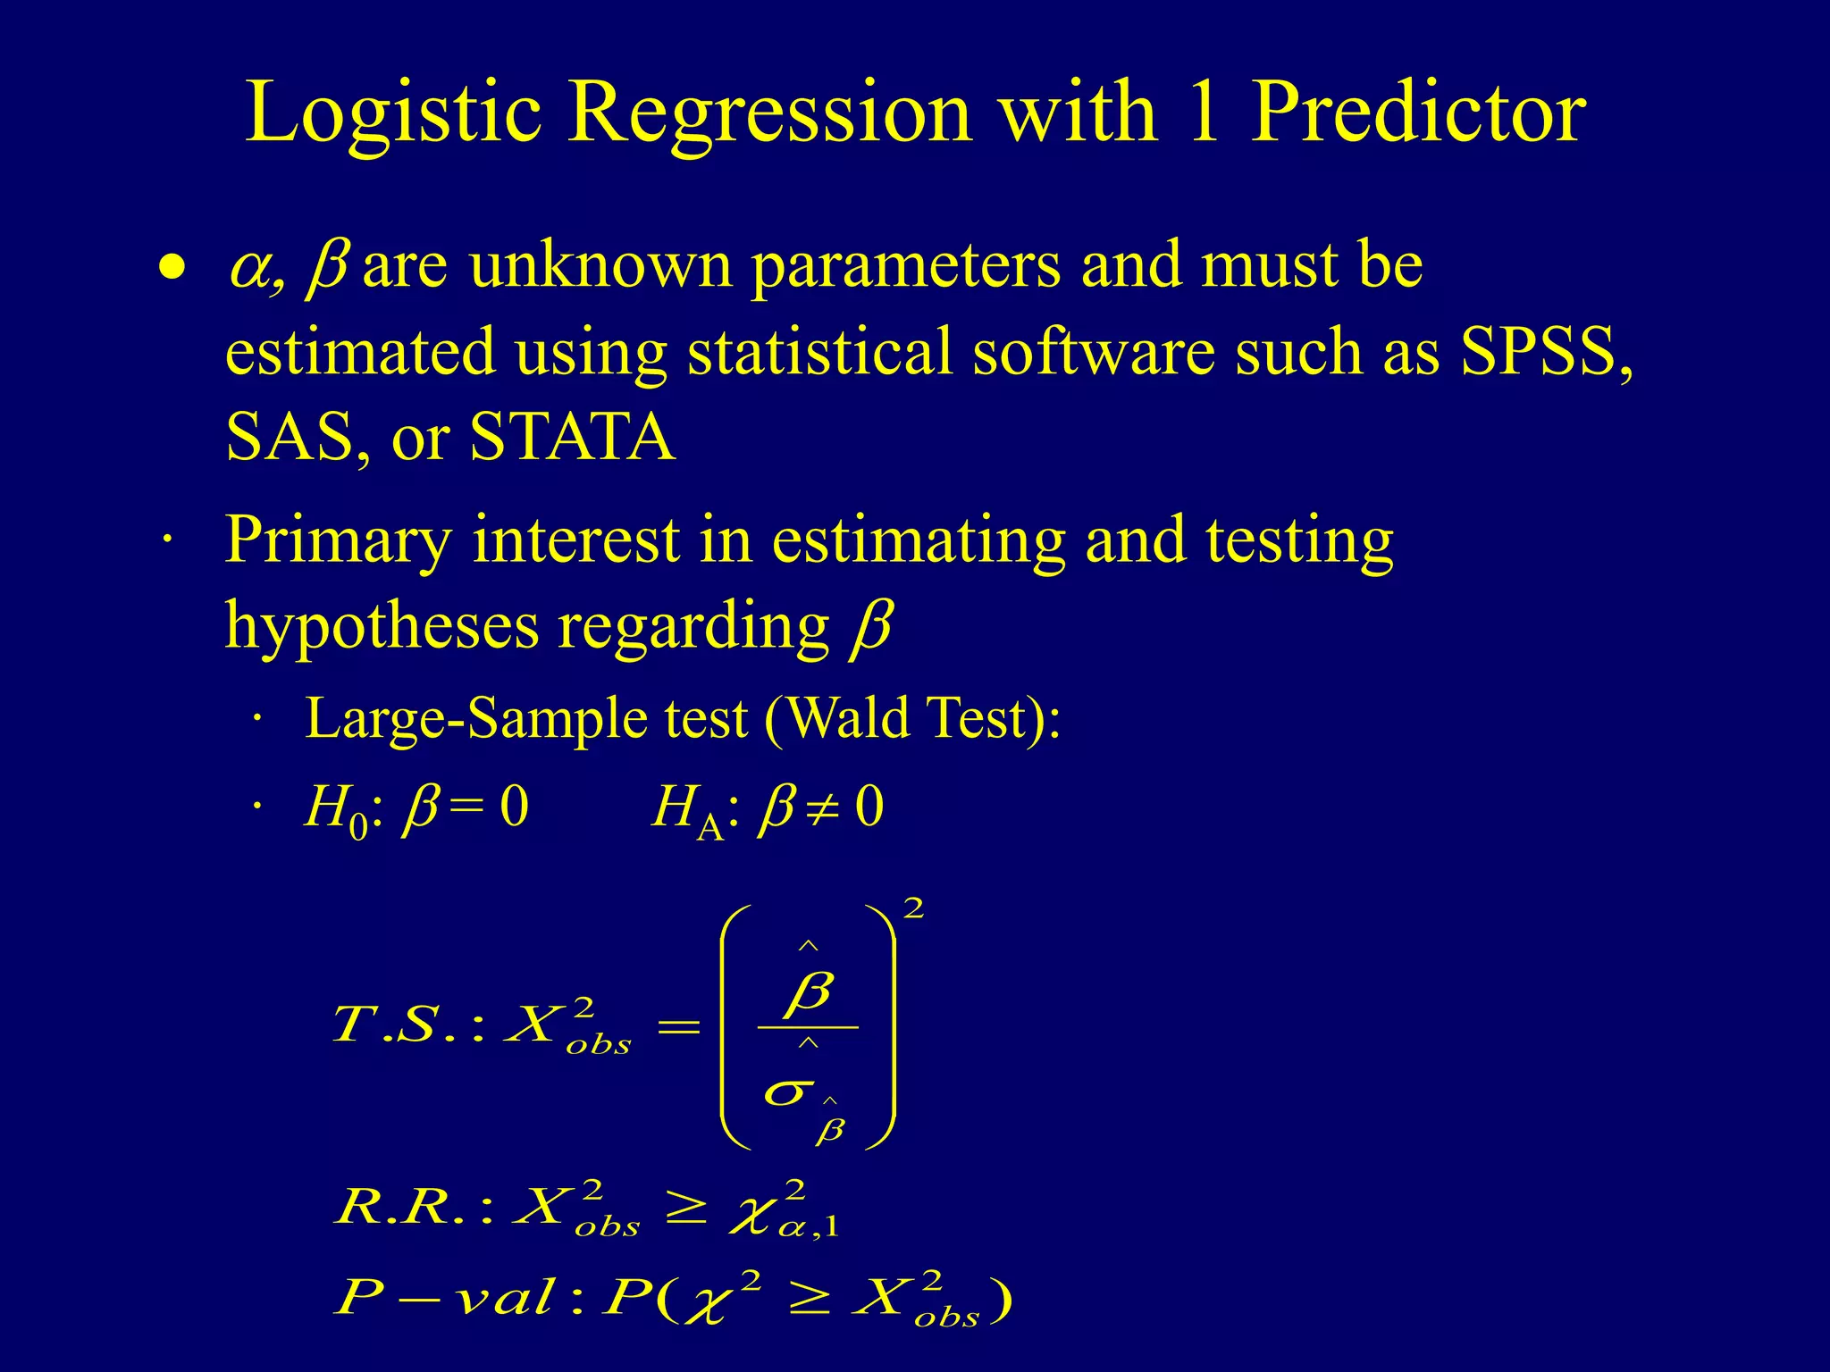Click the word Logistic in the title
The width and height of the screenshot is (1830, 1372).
click(x=393, y=113)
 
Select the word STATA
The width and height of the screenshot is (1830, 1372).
click(x=572, y=437)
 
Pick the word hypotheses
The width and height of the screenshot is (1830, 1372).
click(x=382, y=627)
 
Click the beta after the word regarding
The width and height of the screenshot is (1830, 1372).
click(x=870, y=627)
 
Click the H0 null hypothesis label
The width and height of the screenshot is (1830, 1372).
click(x=336, y=809)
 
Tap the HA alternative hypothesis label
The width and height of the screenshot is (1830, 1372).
click(x=686, y=809)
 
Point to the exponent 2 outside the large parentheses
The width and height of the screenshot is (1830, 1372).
click(x=913, y=909)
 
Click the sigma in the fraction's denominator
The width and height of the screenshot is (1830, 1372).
click(x=788, y=1092)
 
